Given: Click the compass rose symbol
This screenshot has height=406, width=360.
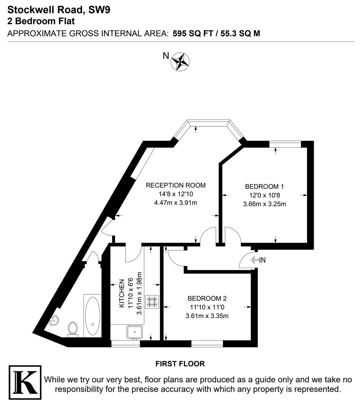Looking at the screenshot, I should [x=181, y=62].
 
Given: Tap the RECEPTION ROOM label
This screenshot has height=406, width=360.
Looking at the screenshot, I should [x=176, y=185].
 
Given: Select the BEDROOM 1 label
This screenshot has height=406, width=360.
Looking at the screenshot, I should [x=264, y=186].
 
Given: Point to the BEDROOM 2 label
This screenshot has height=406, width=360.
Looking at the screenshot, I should [x=207, y=299].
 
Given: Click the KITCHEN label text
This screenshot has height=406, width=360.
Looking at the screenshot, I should [x=122, y=294].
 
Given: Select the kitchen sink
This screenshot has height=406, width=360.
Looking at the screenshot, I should [x=134, y=332].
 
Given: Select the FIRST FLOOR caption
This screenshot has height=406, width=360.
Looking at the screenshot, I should [x=180, y=364].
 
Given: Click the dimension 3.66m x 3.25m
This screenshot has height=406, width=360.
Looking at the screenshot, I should [x=264, y=204].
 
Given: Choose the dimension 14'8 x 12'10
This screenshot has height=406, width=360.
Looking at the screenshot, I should [x=175, y=194].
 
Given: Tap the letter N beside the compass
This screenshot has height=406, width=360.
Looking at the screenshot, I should [x=166, y=56].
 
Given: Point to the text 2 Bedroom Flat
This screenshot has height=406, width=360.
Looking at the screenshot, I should [x=41, y=22].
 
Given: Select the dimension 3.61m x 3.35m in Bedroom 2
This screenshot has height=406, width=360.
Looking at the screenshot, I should [x=207, y=316].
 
